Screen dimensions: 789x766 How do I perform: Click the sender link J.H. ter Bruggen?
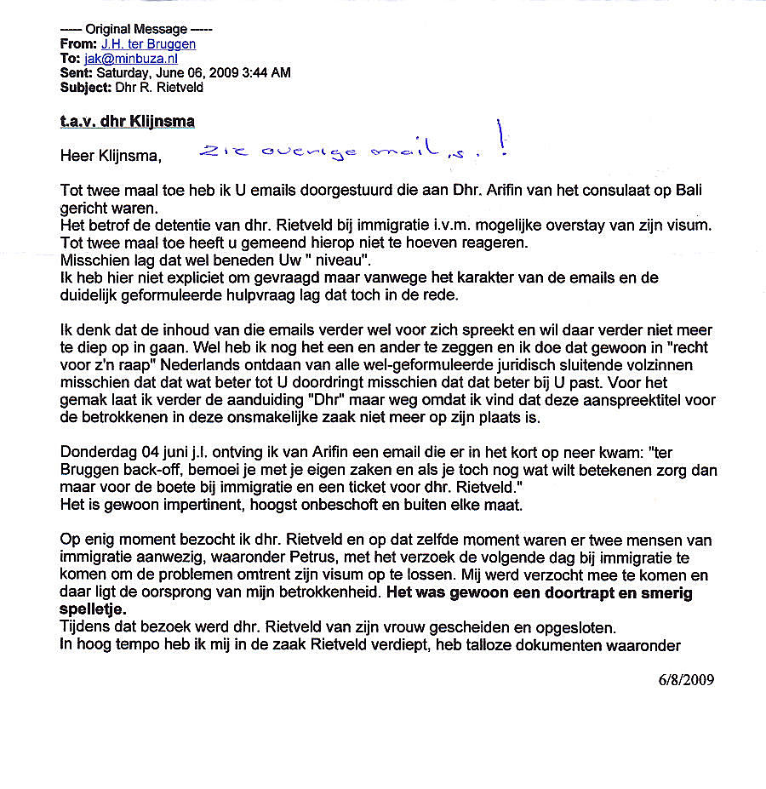click(x=149, y=44)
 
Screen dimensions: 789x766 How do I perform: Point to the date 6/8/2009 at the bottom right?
click(x=686, y=680)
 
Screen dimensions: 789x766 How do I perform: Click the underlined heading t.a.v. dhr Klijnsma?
click(x=128, y=122)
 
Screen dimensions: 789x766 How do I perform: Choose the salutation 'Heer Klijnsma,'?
click(x=110, y=157)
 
